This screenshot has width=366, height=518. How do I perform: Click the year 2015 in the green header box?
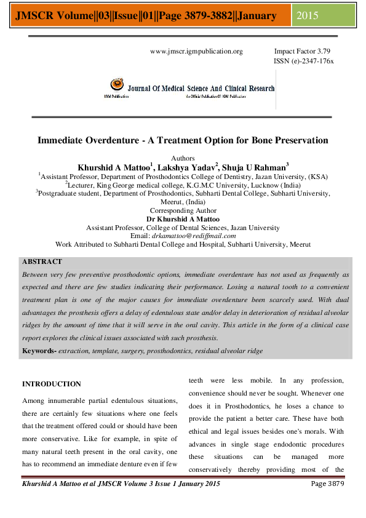tap(308, 15)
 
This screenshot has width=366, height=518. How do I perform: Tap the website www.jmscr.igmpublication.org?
tap(196, 52)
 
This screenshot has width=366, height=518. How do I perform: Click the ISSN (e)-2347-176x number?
tap(303, 62)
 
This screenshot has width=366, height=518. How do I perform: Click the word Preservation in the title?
tap(297, 140)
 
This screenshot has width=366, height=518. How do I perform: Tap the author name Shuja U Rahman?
tap(257, 167)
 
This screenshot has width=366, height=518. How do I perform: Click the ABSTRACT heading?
tap(42, 261)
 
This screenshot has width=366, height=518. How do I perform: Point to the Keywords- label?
tap(39, 351)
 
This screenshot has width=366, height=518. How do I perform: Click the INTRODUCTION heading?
tap(51, 385)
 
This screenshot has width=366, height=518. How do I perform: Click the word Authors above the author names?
tap(183, 158)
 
